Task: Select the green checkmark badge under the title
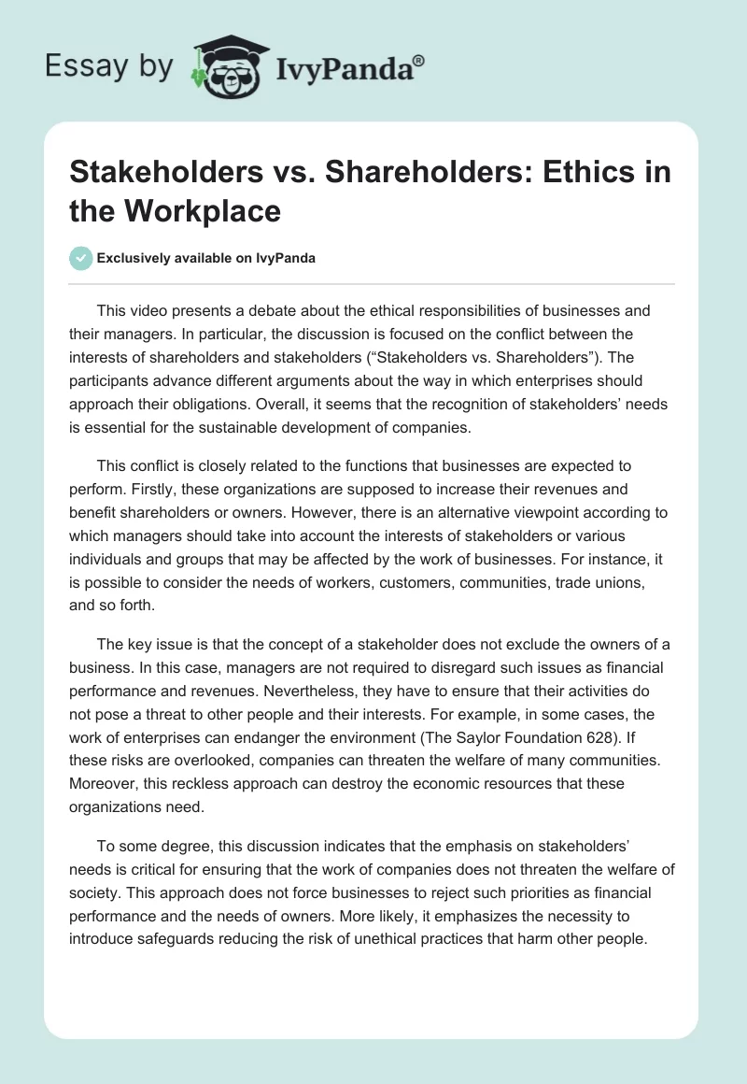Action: click(x=81, y=258)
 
